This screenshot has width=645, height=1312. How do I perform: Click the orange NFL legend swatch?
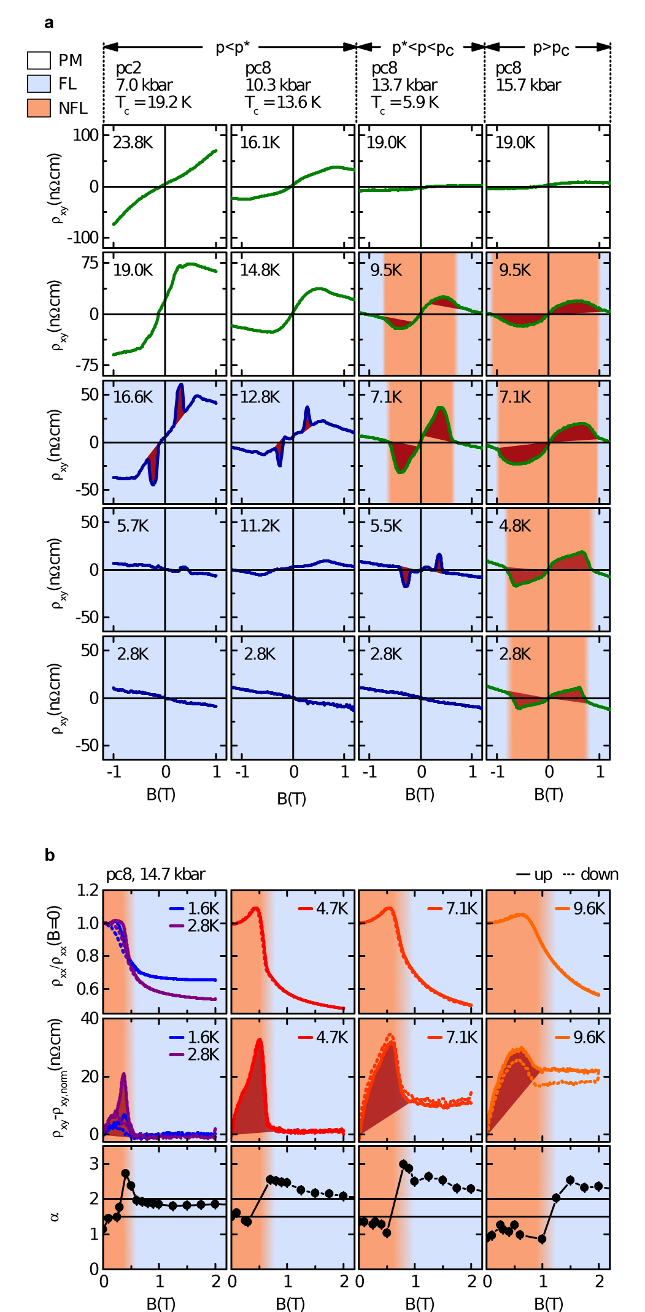pyautogui.click(x=39, y=108)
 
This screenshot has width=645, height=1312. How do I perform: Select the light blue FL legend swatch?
pyautogui.click(x=39, y=84)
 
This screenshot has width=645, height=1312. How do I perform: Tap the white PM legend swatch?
pyautogui.click(x=39, y=60)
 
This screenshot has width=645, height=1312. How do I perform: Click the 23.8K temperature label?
pyautogui.click(x=133, y=143)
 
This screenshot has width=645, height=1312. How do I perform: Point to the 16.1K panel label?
pyautogui.click(x=260, y=143)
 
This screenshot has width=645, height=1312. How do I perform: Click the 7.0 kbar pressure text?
pyautogui.click(x=144, y=85)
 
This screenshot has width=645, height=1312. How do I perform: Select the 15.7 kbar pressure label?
pyautogui.click(x=528, y=85)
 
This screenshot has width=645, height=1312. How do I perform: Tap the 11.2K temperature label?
pyautogui.click(x=260, y=526)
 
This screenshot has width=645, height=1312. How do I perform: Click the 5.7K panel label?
pyautogui.click(x=133, y=526)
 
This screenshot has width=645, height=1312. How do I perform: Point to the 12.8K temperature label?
pyautogui.click(x=260, y=397)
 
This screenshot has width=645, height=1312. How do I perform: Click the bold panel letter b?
pyautogui.click(x=50, y=855)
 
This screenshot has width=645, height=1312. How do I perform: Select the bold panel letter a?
pyautogui.click(x=49, y=23)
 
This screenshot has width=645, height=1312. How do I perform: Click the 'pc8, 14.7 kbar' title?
pyautogui.click(x=156, y=874)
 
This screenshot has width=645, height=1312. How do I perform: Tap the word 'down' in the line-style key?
pyautogui.click(x=599, y=874)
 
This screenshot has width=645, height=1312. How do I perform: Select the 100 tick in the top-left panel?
pyautogui.click(x=85, y=135)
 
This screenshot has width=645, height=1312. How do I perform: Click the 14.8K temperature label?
pyautogui.click(x=260, y=270)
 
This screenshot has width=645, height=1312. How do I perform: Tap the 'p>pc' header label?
pyautogui.click(x=550, y=48)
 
